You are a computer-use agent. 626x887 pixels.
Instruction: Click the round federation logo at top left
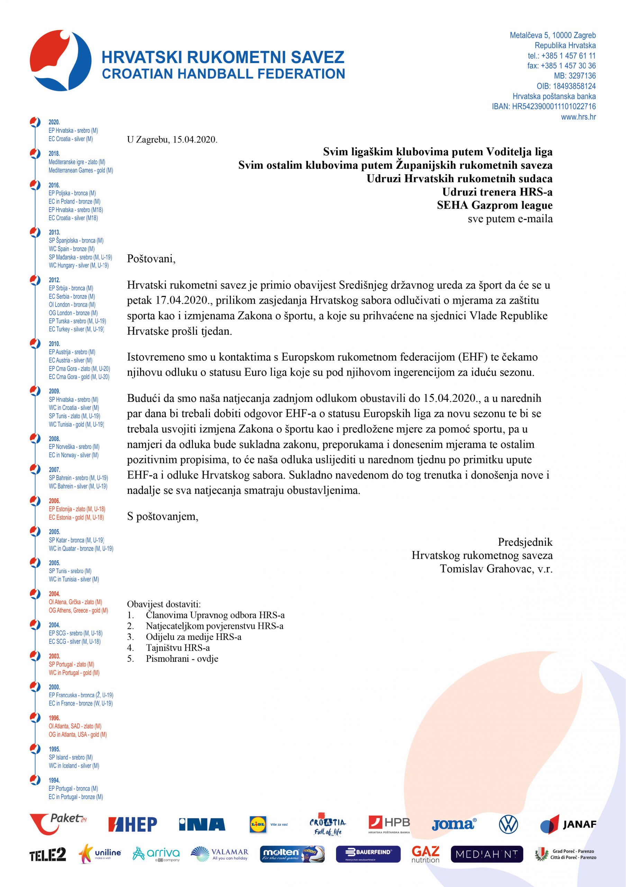61,60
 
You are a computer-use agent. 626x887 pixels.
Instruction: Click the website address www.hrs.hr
578,117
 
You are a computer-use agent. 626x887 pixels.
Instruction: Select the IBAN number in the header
543,106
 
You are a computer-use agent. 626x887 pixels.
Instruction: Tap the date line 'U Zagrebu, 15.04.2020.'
172,140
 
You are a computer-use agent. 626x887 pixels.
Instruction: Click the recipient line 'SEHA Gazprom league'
495,205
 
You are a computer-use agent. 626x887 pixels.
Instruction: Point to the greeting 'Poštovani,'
151,259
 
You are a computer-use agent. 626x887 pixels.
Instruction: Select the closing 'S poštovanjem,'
163,517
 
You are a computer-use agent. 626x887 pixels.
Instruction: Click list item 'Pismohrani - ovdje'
182,659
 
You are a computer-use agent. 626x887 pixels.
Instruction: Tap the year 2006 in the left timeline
54,501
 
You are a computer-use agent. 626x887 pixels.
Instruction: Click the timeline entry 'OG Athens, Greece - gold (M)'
78,611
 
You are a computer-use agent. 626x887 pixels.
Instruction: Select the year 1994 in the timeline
54,780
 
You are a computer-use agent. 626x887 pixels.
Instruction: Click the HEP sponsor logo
133,824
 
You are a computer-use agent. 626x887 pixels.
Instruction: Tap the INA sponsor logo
202,824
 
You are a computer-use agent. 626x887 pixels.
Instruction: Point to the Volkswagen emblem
508,824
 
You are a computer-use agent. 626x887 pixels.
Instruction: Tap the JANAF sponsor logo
568,824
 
